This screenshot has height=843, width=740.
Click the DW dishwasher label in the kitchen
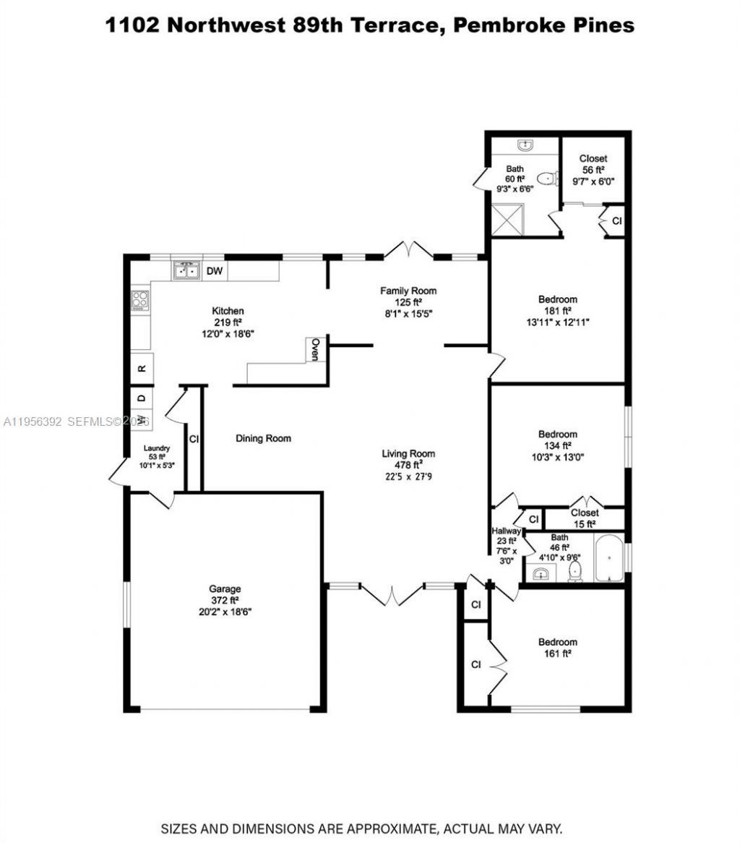pyautogui.click(x=214, y=272)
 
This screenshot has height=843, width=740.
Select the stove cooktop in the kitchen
pyautogui.click(x=140, y=301)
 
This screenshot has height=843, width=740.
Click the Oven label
pyautogui.click(x=315, y=350)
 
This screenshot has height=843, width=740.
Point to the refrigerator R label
pyautogui.click(x=142, y=368)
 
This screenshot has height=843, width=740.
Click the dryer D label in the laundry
pyautogui.click(x=142, y=398)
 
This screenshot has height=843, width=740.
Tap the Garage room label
pyautogui.click(x=225, y=589)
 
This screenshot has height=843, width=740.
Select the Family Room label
pyautogui.click(x=409, y=291)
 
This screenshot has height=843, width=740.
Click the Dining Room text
pyautogui.click(x=263, y=438)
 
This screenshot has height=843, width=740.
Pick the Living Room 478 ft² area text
pyautogui.click(x=409, y=466)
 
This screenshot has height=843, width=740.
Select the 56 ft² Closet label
pyautogui.click(x=593, y=170)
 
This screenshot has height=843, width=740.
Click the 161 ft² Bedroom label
pyautogui.click(x=557, y=647)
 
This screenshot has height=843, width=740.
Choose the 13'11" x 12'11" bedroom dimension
pyautogui.click(x=557, y=322)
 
